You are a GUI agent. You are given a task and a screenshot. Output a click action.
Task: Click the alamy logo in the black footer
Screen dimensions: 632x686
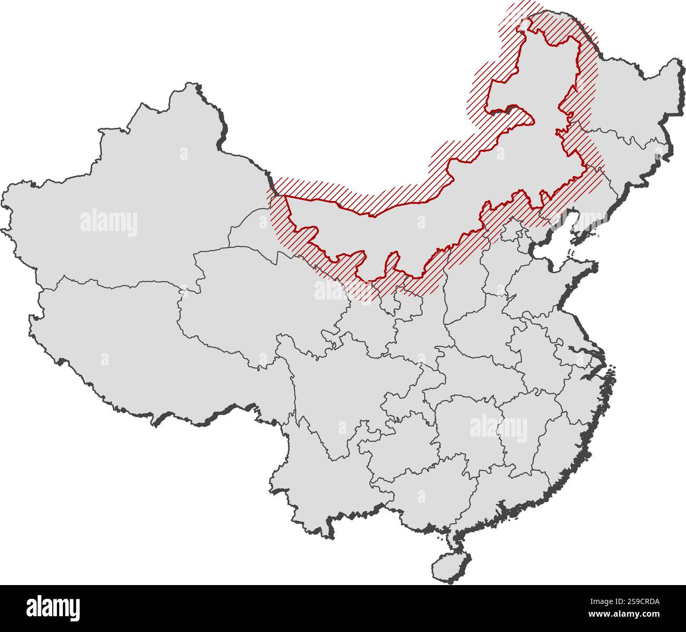point(53,607)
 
